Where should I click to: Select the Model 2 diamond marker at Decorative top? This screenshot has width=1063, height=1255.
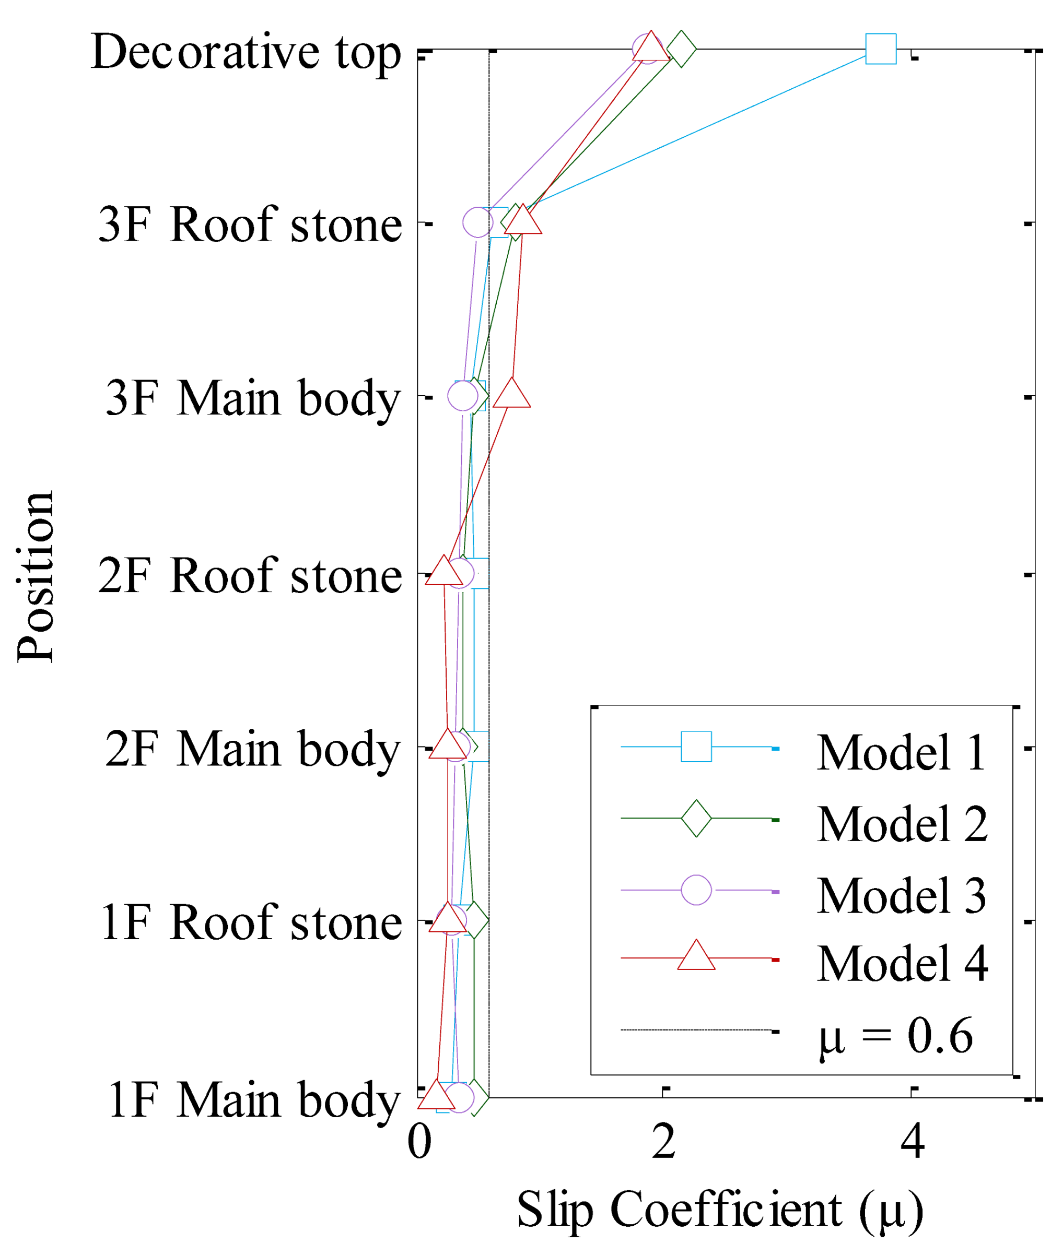click(681, 48)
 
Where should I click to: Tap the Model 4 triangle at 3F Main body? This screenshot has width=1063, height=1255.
click(511, 395)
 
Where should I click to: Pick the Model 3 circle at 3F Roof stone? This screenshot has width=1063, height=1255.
click(478, 222)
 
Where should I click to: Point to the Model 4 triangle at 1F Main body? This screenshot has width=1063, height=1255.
click(436, 1095)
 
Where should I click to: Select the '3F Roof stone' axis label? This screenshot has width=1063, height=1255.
click(250, 225)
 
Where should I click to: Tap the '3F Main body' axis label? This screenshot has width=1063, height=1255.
click(253, 399)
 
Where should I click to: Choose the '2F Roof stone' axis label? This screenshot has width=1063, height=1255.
click(250, 576)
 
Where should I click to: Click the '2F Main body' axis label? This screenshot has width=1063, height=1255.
click(253, 750)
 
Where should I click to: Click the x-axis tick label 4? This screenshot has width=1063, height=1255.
click(913, 1142)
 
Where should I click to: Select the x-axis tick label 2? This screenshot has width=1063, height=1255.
click(663, 1142)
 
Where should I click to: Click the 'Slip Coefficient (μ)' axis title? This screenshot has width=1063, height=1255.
click(720, 1211)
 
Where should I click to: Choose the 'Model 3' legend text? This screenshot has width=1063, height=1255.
click(902, 895)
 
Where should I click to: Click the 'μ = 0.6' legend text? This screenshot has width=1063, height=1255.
click(895, 1036)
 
